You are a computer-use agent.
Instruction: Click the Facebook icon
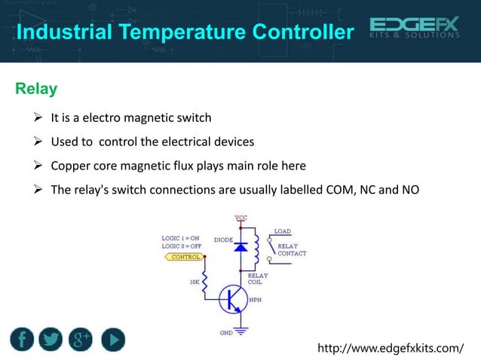(x=23, y=340)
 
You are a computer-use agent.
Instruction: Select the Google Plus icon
(x=81, y=340)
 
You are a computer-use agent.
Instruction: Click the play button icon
(x=110, y=340)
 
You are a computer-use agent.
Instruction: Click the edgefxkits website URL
(x=391, y=348)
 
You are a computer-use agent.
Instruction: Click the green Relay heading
(x=35, y=90)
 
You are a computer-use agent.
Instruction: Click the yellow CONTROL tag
(x=184, y=257)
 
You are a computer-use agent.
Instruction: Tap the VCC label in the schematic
(x=241, y=218)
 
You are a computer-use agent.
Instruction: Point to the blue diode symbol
(x=240, y=246)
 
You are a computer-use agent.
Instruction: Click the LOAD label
(x=282, y=231)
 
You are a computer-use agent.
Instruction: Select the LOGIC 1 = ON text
(x=181, y=239)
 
